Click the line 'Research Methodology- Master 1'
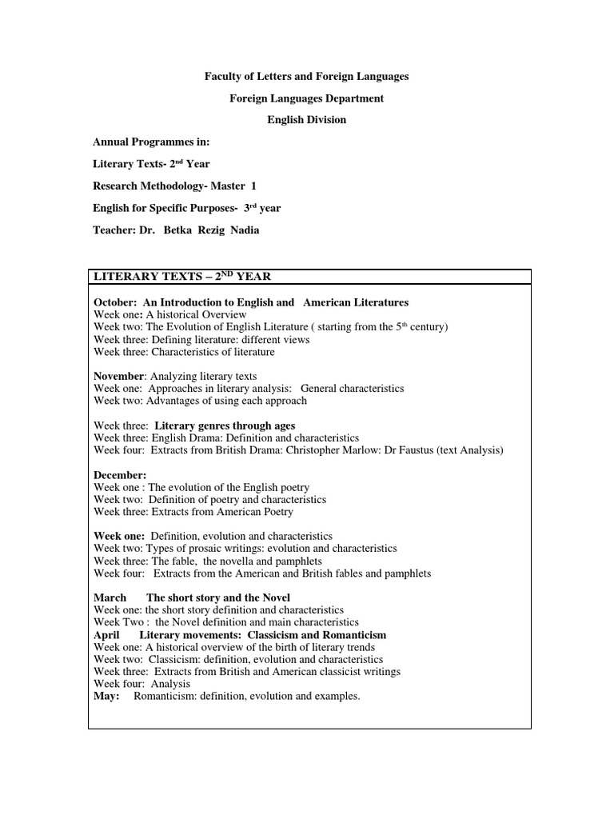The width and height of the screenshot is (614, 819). (169, 186)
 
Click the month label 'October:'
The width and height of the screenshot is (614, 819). (114, 302)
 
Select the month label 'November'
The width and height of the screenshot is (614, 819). (118, 376)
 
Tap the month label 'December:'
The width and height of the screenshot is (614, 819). (120, 475)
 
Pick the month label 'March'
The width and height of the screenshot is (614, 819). (110, 597)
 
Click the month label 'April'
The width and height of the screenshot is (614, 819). (106, 634)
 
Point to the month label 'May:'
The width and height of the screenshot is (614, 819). (106, 696)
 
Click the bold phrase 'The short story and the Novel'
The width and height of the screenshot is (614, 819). (218, 597)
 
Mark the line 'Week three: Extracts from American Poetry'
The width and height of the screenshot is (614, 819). (193, 511)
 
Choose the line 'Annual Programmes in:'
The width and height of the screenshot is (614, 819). (151, 142)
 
